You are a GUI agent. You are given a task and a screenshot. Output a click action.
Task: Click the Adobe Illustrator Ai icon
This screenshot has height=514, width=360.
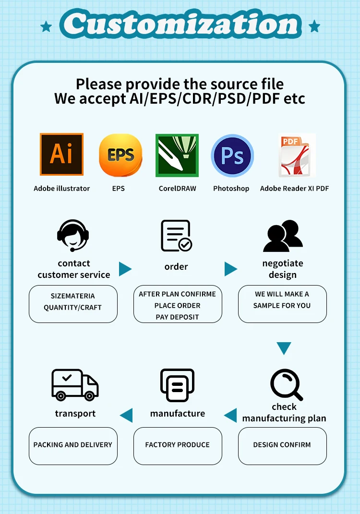[61, 154]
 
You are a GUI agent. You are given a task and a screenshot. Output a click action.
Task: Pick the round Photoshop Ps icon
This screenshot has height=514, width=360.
[232, 155]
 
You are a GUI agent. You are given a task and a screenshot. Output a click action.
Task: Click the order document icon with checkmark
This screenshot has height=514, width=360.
[176, 236]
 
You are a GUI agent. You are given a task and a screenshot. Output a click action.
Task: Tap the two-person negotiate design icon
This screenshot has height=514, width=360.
[283, 236]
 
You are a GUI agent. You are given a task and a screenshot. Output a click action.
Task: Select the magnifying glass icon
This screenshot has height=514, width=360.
[287, 384]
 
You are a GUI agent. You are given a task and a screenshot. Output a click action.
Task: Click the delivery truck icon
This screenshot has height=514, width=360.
[75, 384]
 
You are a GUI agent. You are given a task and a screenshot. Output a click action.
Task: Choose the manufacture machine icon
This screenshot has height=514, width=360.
[177, 385]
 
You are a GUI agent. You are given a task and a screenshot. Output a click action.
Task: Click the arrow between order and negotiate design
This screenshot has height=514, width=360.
[231, 269]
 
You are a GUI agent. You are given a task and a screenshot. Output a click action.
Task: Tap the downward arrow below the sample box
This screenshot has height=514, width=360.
[284, 348]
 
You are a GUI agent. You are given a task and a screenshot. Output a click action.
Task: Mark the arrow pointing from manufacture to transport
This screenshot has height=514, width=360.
[126, 415]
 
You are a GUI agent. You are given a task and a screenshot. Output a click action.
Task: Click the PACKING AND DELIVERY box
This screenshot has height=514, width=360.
[73, 445]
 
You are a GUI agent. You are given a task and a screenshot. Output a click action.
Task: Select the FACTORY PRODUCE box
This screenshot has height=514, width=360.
[178, 445]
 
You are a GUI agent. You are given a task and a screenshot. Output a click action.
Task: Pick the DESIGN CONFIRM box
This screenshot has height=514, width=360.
[282, 445]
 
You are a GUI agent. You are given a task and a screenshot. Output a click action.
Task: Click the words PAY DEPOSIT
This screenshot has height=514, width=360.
[177, 317]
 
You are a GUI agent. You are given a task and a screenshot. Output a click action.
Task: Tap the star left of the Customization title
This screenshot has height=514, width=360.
[47, 26]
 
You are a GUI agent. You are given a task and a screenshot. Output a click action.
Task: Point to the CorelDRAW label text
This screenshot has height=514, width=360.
[177, 189]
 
